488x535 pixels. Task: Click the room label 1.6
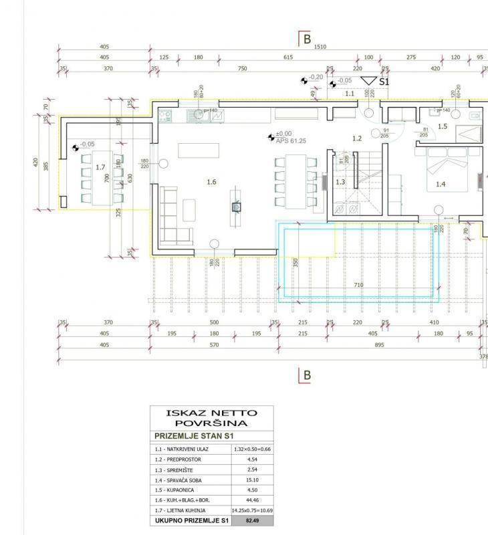(212, 181)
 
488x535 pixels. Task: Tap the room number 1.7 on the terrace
(100, 167)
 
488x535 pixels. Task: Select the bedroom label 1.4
(441, 184)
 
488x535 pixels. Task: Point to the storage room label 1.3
(340, 182)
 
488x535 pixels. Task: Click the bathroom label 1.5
(442, 126)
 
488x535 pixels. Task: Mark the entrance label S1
(384, 81)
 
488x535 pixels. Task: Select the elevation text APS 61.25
(291, 141)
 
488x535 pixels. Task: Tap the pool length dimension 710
(358, 285)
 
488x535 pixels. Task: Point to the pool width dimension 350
(295, 262)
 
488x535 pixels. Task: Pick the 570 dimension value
(214, 344)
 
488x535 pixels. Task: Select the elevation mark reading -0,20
(316, 77)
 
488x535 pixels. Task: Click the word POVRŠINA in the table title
(211, 423)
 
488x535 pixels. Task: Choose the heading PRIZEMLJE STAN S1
(194, 436)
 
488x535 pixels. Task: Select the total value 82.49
(251, 520)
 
